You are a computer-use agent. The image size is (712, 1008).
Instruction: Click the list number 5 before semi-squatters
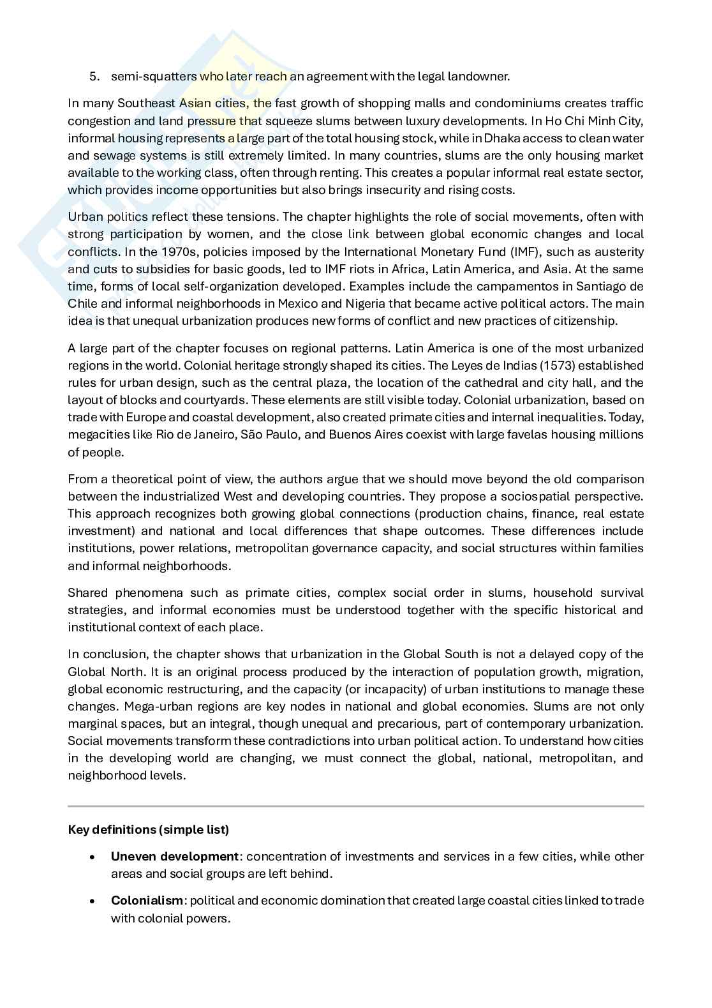(x=94, y=77)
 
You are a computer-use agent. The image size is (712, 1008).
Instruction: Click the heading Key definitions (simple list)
(x=148, y=829)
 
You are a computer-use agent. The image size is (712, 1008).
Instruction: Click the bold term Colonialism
(x=147, y=900)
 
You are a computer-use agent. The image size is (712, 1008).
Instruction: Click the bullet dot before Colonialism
(x=94, y=901)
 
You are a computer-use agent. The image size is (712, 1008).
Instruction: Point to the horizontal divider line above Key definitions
(x=355, y=806)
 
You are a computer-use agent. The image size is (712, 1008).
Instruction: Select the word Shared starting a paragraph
(x=88, y=592)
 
